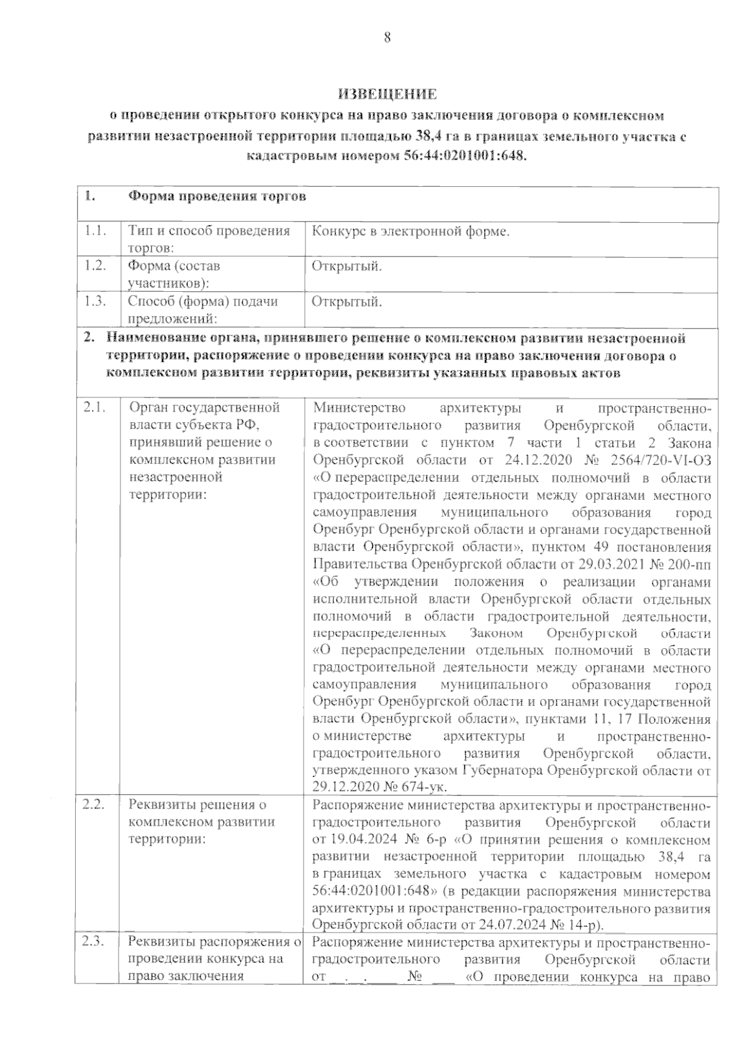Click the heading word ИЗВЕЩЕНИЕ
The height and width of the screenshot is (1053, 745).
click(x=387, y=94)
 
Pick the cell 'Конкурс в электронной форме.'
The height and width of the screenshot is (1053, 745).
click(x=410, y=232)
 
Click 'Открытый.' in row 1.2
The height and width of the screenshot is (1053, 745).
click(x=346, y=266)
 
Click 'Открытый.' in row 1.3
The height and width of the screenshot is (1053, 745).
click(x=346, y=302)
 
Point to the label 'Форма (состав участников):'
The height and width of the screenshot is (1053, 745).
click(x=173, y=274)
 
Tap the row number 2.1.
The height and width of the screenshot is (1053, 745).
click(x=95, y=408)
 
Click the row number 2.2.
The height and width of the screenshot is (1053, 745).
click(x=95, y=805)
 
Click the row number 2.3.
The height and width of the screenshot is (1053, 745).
click(x=95, y=942)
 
